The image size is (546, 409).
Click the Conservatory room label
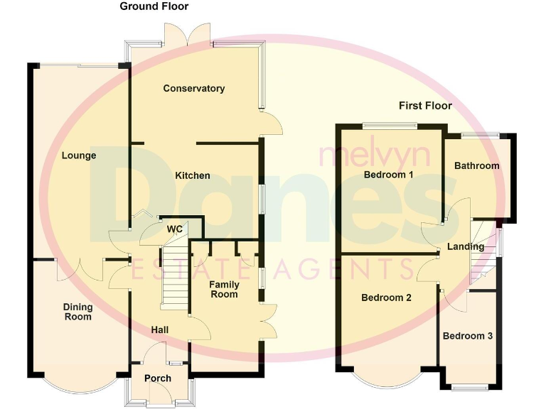tap(193, 89)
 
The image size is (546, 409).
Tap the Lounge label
tap(78, 156)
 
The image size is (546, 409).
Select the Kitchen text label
tap(193, 175)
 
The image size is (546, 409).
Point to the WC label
tap(175, 229)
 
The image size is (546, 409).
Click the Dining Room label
tap(77, 312)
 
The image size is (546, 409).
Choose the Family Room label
tap(223, 289)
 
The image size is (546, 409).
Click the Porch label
tap(158, 378)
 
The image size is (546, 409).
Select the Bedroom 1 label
tap(388, 174)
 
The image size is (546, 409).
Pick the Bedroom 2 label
tap(386, 298)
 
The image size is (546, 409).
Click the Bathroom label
tap(476, 166)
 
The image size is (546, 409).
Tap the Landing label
tap(466, 247)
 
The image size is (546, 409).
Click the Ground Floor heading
tap(154, 6)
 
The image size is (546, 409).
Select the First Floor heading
tap(425, 106)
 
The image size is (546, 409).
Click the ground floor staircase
tap(174, 277)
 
